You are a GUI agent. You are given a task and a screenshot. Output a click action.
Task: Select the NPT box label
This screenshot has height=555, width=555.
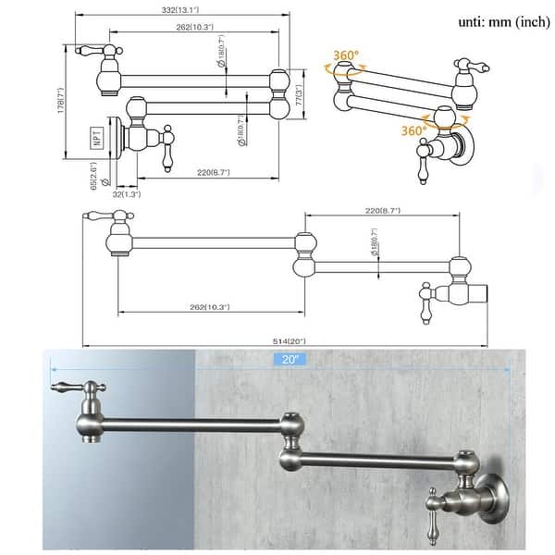pos(95,140)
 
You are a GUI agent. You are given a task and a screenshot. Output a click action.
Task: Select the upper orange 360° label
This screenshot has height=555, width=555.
pos(345,55)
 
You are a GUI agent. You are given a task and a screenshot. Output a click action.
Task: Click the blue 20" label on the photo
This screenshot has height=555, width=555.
pos(280,360)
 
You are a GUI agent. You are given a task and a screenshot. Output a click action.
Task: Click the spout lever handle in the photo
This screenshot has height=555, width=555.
pos(68,387)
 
